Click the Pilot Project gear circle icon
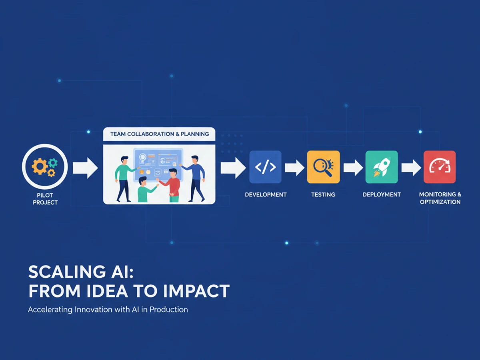point(45,166)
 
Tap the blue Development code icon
point(265,167)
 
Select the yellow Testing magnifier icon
point(324,167)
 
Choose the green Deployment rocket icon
point(382,167)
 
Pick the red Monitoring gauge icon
point(440,167)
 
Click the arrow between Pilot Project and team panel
point(85,168)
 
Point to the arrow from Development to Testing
point(294,168)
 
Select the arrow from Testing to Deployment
point(353,168)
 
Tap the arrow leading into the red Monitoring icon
point(411,168)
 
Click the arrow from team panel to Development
point(233,168)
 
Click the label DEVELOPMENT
point(266,194)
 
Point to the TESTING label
point(323,194)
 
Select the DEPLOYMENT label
point(382,194)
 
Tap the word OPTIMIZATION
point(440,202)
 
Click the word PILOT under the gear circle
point(45,195)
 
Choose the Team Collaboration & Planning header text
point(160,134)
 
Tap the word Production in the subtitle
point(169,310)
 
